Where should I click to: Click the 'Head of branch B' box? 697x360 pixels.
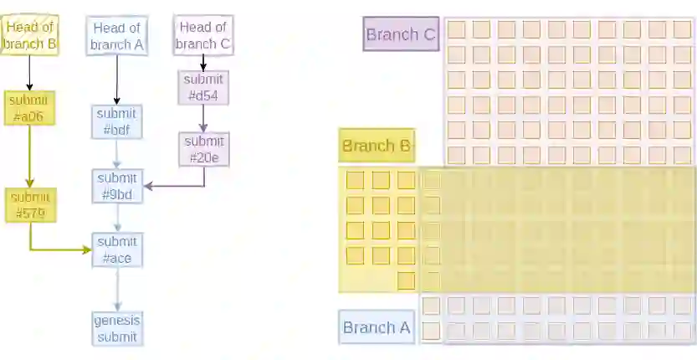pos(29,35)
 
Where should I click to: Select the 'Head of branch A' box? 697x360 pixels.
pos(116,36)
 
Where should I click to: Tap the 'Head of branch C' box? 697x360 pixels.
pos(203,35)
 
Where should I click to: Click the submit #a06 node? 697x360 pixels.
pos(29,109)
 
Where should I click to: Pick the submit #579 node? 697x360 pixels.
pos(29,206)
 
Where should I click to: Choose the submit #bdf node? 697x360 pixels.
pos(117,122)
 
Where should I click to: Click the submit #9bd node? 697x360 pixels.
pos(117,186)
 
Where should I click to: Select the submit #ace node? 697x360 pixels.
pos(117,249)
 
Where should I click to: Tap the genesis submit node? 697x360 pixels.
pos(117,328)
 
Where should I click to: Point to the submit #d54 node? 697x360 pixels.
pos(203,87)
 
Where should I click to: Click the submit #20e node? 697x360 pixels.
pos(203,149)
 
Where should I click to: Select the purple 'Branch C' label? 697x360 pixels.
pos(401,35)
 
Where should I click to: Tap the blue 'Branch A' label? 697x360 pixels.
pos(377,327)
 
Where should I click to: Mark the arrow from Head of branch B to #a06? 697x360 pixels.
pos(29,73)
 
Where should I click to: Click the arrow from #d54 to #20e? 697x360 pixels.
pos(203,118)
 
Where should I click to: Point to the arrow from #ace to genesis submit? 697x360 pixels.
pos(117,290)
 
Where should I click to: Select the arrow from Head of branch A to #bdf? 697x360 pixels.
pos(116,80)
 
